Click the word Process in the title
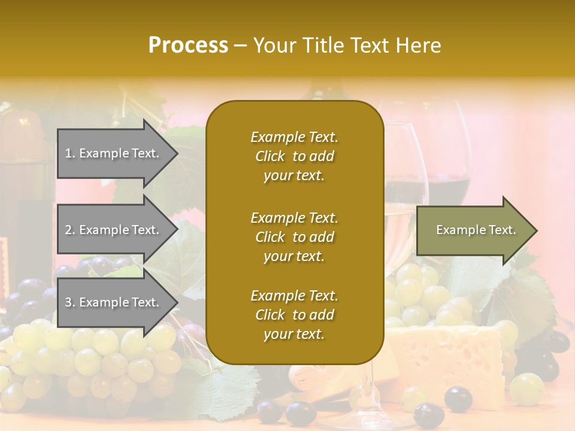point(188,45)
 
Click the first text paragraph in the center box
point(294,156)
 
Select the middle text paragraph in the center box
point(294,237)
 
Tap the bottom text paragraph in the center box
point(294,315)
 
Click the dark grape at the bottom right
point(459,398)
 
